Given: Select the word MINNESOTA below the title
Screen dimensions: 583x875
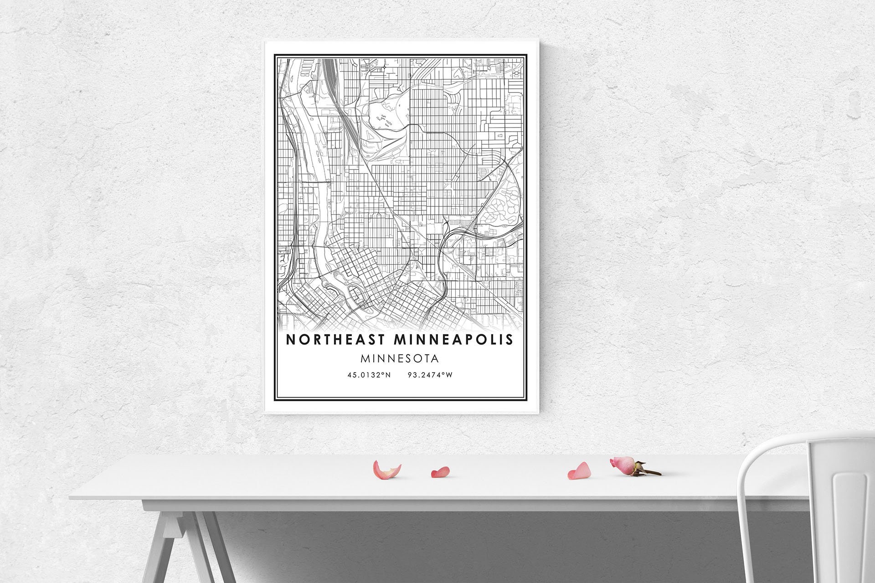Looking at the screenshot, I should pyautogui.click(x=400, y=359).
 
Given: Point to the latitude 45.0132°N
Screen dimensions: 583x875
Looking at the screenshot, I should pyautogui.click(x=369, y=375).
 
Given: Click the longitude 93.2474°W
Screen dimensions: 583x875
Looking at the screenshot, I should pyautogui.click(x=430, y=375).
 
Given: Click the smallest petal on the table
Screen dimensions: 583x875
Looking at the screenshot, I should pyautogui.click(x=440, y=472).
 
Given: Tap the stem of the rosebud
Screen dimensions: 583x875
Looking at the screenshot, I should pyautogui.click(x=649, y=471).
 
